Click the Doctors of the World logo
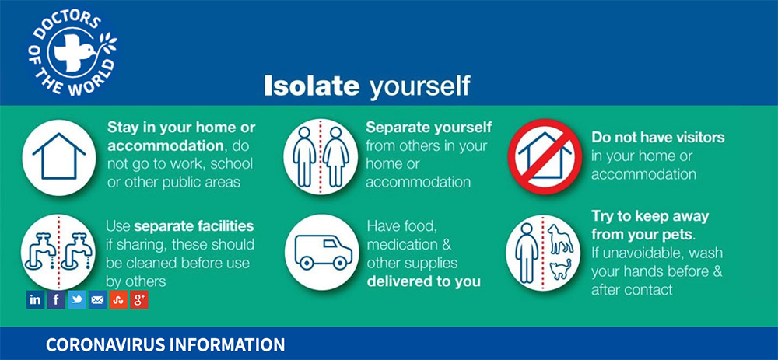(73, 54)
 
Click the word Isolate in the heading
(312, 86)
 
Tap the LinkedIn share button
(35, 299)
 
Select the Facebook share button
(56, 299)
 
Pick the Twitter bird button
(77, 299)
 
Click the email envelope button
(98, 299)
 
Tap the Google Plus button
(139, 299)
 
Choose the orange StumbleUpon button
(118, 299)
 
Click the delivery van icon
(321, 252)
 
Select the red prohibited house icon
(545, 156)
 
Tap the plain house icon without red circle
(59, 156)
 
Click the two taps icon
(58, 252)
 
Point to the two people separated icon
(321, 156)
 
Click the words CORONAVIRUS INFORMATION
(165, 344)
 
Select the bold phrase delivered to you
(424, 281)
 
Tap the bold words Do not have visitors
(658, 137)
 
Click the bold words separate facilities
(194, 226)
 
